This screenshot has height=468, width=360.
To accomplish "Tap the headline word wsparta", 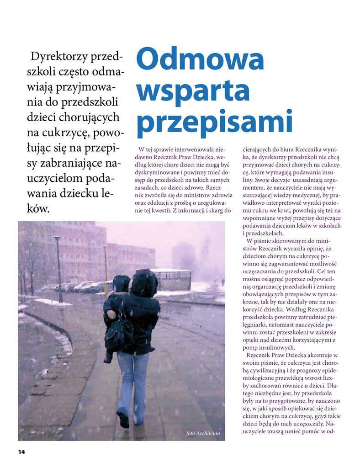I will point(193,91).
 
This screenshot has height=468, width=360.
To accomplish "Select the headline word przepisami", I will point(214,122).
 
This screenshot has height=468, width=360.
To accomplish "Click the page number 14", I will point(21,452).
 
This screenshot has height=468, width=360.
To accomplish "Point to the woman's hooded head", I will point(145,283).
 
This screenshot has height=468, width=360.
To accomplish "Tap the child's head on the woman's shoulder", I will point(122,283).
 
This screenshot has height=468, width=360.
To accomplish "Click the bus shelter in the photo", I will point(172,279).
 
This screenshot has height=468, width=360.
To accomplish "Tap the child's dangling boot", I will point(108,358).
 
